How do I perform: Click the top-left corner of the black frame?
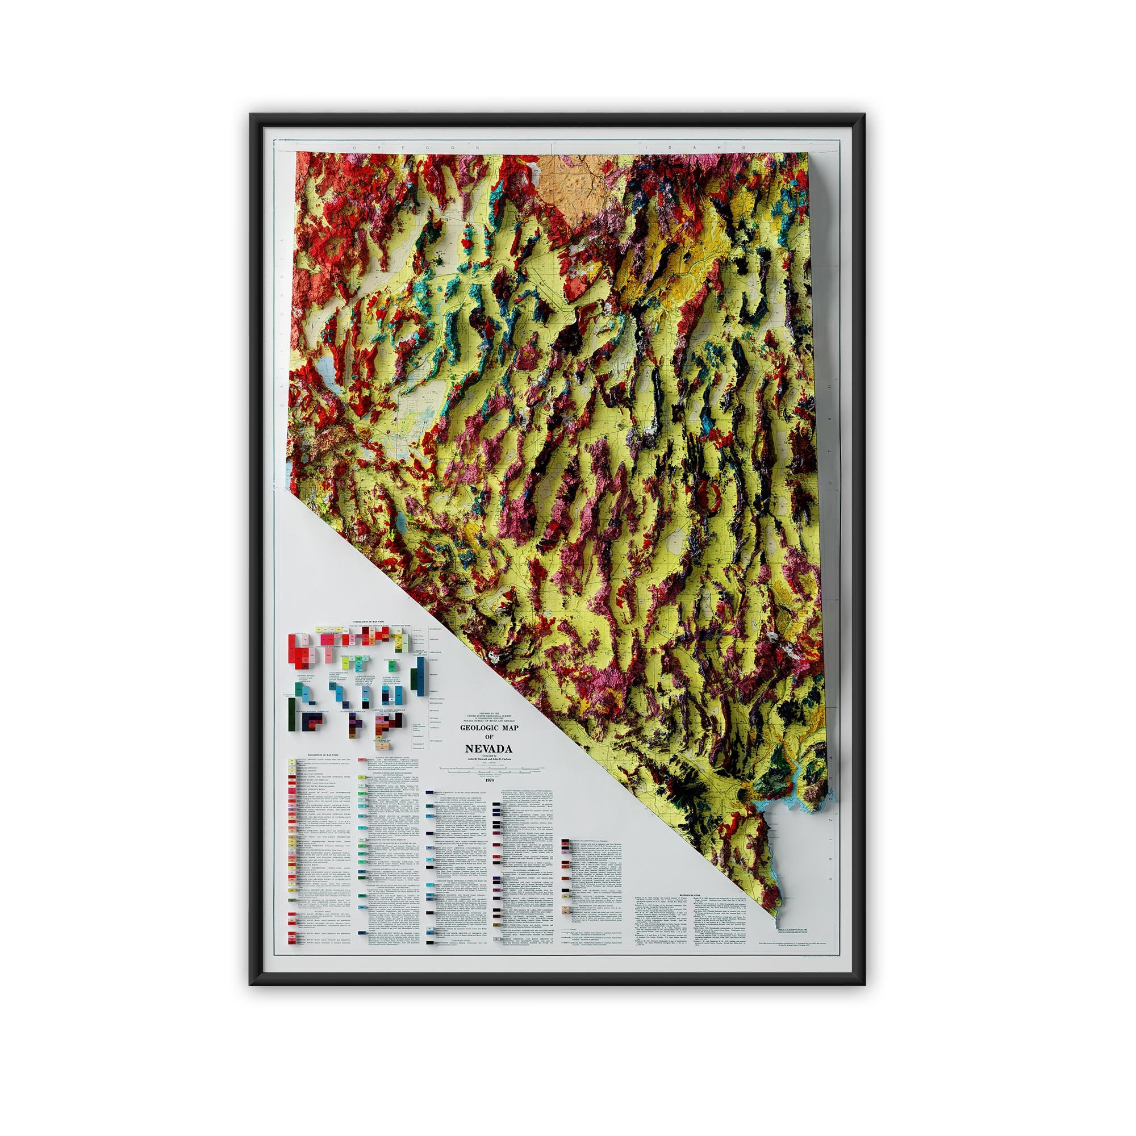pyautogui.click(x=252, y=116)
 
